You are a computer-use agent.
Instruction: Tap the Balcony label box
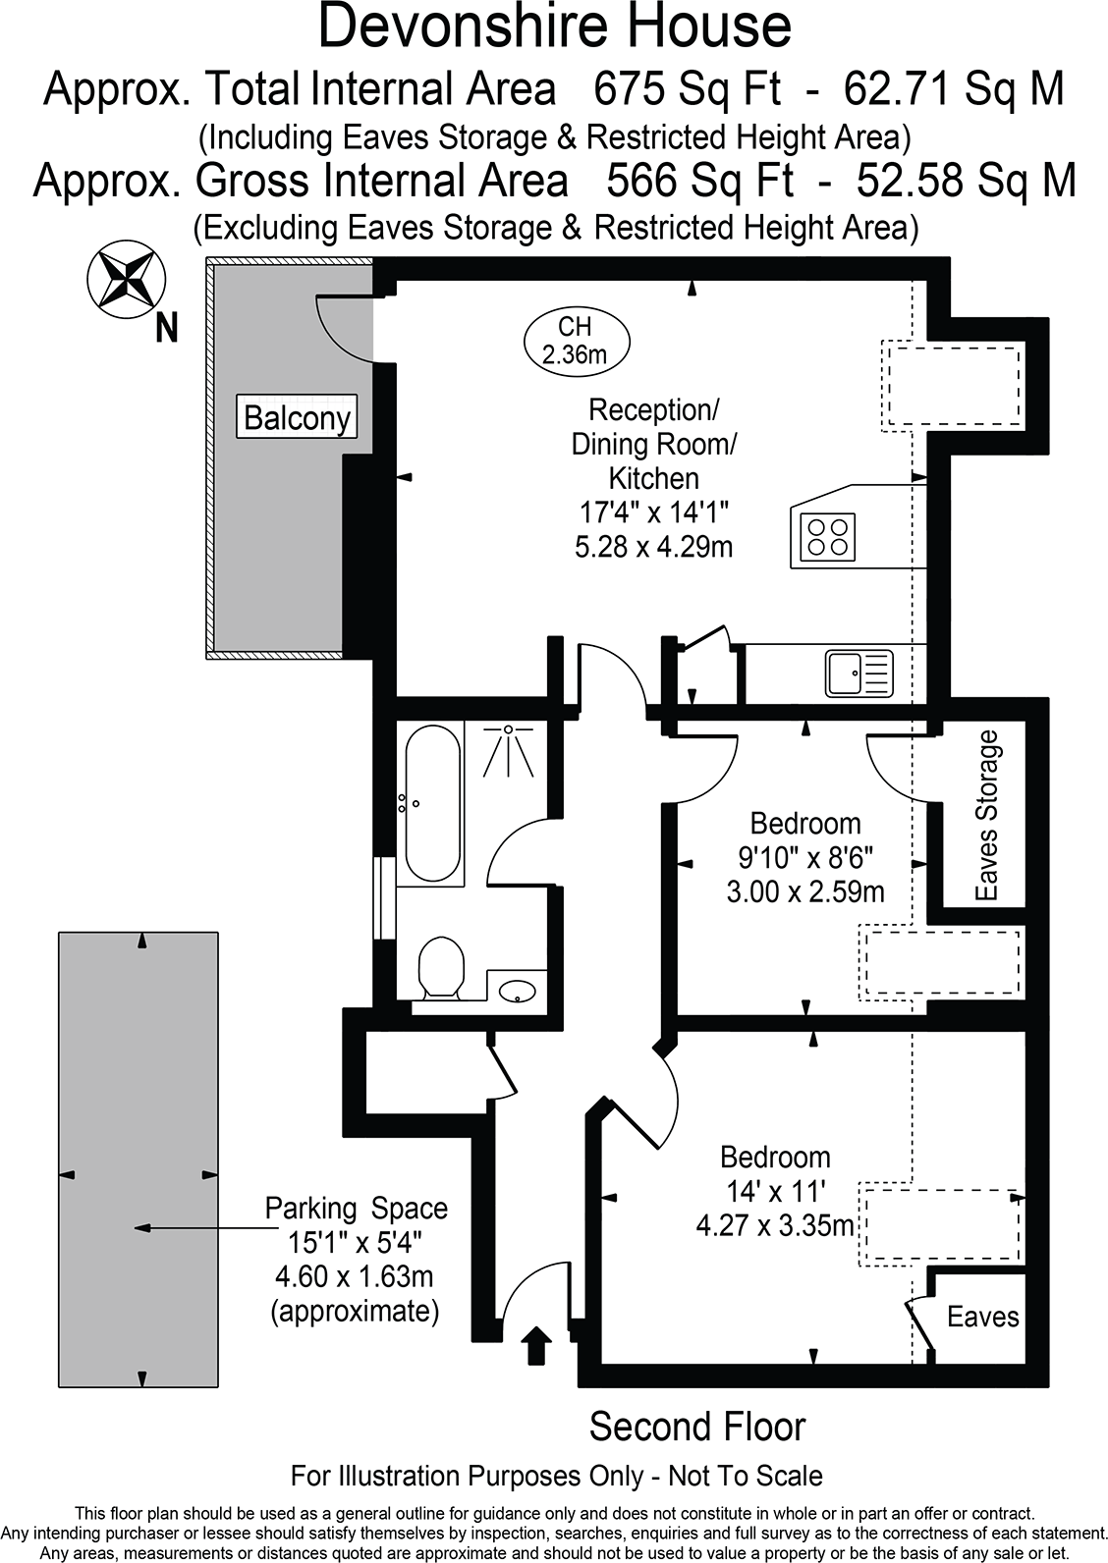(x=297, y=418)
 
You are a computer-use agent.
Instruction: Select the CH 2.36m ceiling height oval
(x=576, y=340)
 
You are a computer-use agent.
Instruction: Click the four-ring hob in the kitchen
(x=827, y=535)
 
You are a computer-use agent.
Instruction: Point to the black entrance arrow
(x=536, y=1345)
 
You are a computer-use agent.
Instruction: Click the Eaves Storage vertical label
(x=986, y=815)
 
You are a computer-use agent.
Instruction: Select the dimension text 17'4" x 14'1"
(x=653, y=512)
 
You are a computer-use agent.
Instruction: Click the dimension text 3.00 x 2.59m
(x=804, y=891)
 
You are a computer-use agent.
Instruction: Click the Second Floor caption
(x=696, y=1427)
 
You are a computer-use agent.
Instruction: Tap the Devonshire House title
(x=554, y=27)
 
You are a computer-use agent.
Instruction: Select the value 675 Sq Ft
(x=687, y=90)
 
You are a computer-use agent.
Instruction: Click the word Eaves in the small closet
(x=982, y=1317)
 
